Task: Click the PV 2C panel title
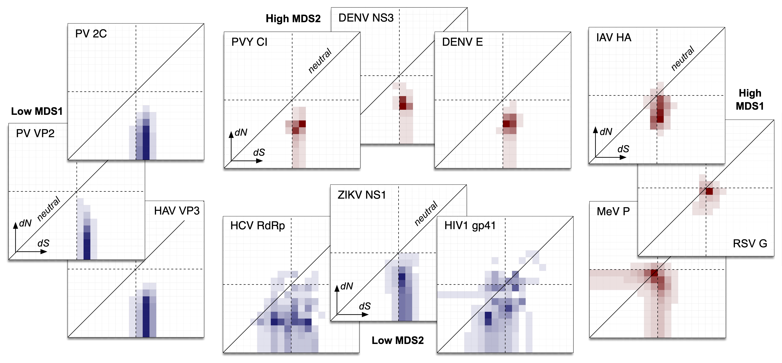click(91, 34)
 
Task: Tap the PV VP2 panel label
click(35, 133)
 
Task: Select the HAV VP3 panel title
click(177, 211)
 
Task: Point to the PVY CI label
click(249, 42)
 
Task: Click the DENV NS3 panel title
click(366, 18)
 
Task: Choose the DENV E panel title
click(462, 42)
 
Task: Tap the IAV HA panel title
click(614, 37)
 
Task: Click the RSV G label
click(750, 244)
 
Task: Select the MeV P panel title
click(613, 211)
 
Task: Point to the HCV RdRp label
click(257, 226)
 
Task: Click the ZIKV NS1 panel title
click(361, 195)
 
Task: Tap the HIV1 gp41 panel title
click(470, 226)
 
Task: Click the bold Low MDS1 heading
click(37, 111)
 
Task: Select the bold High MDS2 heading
click(293, 19)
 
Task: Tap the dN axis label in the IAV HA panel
click(606, 132)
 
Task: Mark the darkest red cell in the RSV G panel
click(709, 191)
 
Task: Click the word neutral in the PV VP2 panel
click(49, 208)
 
